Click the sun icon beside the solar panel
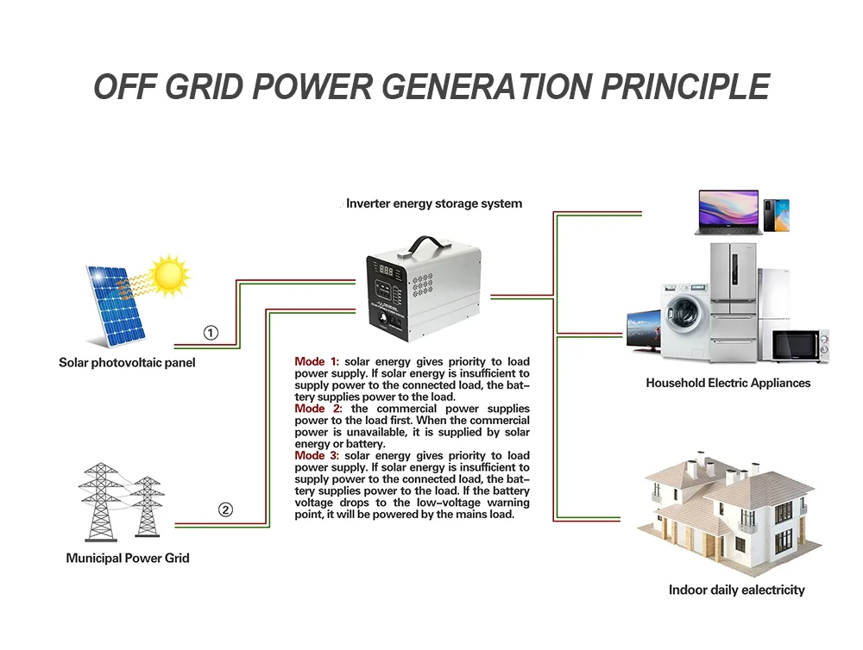point(168,275)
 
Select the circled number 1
point(211,333)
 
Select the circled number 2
point(225,509)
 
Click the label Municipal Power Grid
point(128,558)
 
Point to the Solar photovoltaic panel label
point(127,363)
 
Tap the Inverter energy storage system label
point(434,204)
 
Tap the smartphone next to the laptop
point(776,216)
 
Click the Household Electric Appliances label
point(728,383)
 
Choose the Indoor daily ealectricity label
point(736,591)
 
